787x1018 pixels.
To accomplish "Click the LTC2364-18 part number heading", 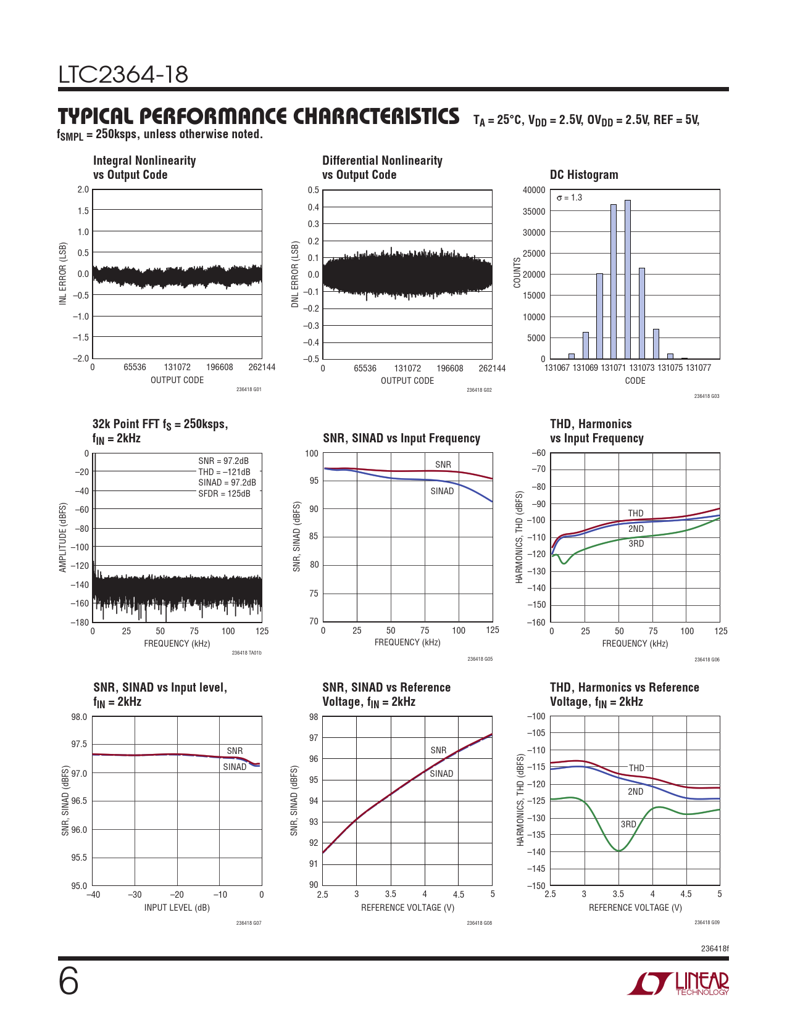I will pos(123,75).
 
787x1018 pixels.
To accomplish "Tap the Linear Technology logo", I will pos(678,983).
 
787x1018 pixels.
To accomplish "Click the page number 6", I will pos(69,982).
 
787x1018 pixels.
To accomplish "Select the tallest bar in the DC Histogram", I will pos(628,279).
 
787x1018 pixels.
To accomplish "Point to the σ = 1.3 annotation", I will pos(569,197).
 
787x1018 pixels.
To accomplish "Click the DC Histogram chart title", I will pos(583,175).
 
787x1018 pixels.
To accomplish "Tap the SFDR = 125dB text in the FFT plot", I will pos(224,494).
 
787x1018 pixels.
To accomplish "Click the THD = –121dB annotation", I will pos(224,472).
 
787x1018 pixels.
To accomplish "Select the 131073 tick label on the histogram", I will pos(641,368).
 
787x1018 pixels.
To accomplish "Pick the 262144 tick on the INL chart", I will pos(262,367).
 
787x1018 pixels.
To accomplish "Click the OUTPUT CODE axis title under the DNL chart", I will pos(407,381).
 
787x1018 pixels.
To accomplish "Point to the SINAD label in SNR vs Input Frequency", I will pos(442,491).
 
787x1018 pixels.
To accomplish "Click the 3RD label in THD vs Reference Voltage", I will pos(628,824).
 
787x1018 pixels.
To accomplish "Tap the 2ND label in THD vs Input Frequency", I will pos(636,529).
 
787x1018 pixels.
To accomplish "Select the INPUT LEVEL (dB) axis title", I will pos(177,908).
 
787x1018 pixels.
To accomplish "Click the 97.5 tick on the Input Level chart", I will pos(79,744).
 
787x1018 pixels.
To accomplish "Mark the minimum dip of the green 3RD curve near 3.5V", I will pos(618,851).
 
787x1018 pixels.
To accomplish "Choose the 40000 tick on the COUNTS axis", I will pos(534,190).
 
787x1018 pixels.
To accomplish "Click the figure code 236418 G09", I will pos(707,923).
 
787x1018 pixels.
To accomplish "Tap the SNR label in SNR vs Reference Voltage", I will pos(438,750).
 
